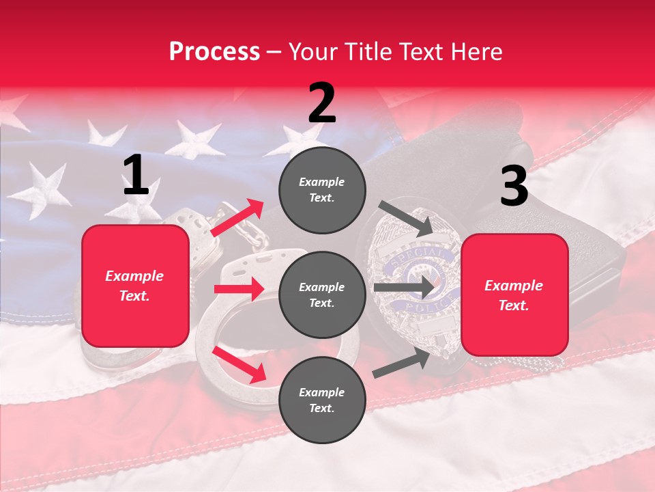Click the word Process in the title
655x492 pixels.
click(x=214, y=52)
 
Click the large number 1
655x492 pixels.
click(x=136, y=176)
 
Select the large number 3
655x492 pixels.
click(x=514, y=187)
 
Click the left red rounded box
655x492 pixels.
click(x=135, y=286)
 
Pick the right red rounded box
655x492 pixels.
click(x=514, y=295)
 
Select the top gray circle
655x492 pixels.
click(x=322, y=189)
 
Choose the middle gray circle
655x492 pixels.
click(x=322, y=295)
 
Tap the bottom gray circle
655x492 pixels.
click(x=322, y=400)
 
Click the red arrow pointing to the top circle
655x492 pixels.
click(x=237, y=218)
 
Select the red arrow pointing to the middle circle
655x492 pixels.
click(x=239, y=289)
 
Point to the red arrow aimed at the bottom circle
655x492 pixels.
click(x=239, y=364)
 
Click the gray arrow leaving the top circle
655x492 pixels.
click(x=405, y=218)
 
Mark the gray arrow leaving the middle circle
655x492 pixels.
click(x=403, y=287)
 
